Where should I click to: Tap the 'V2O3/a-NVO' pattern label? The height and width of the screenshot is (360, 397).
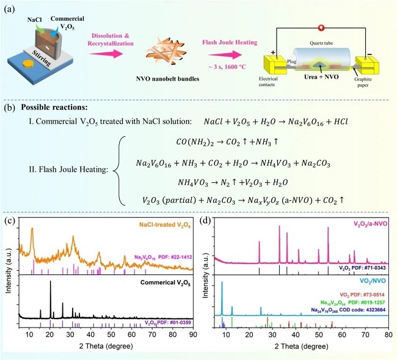(x=365, y=224)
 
